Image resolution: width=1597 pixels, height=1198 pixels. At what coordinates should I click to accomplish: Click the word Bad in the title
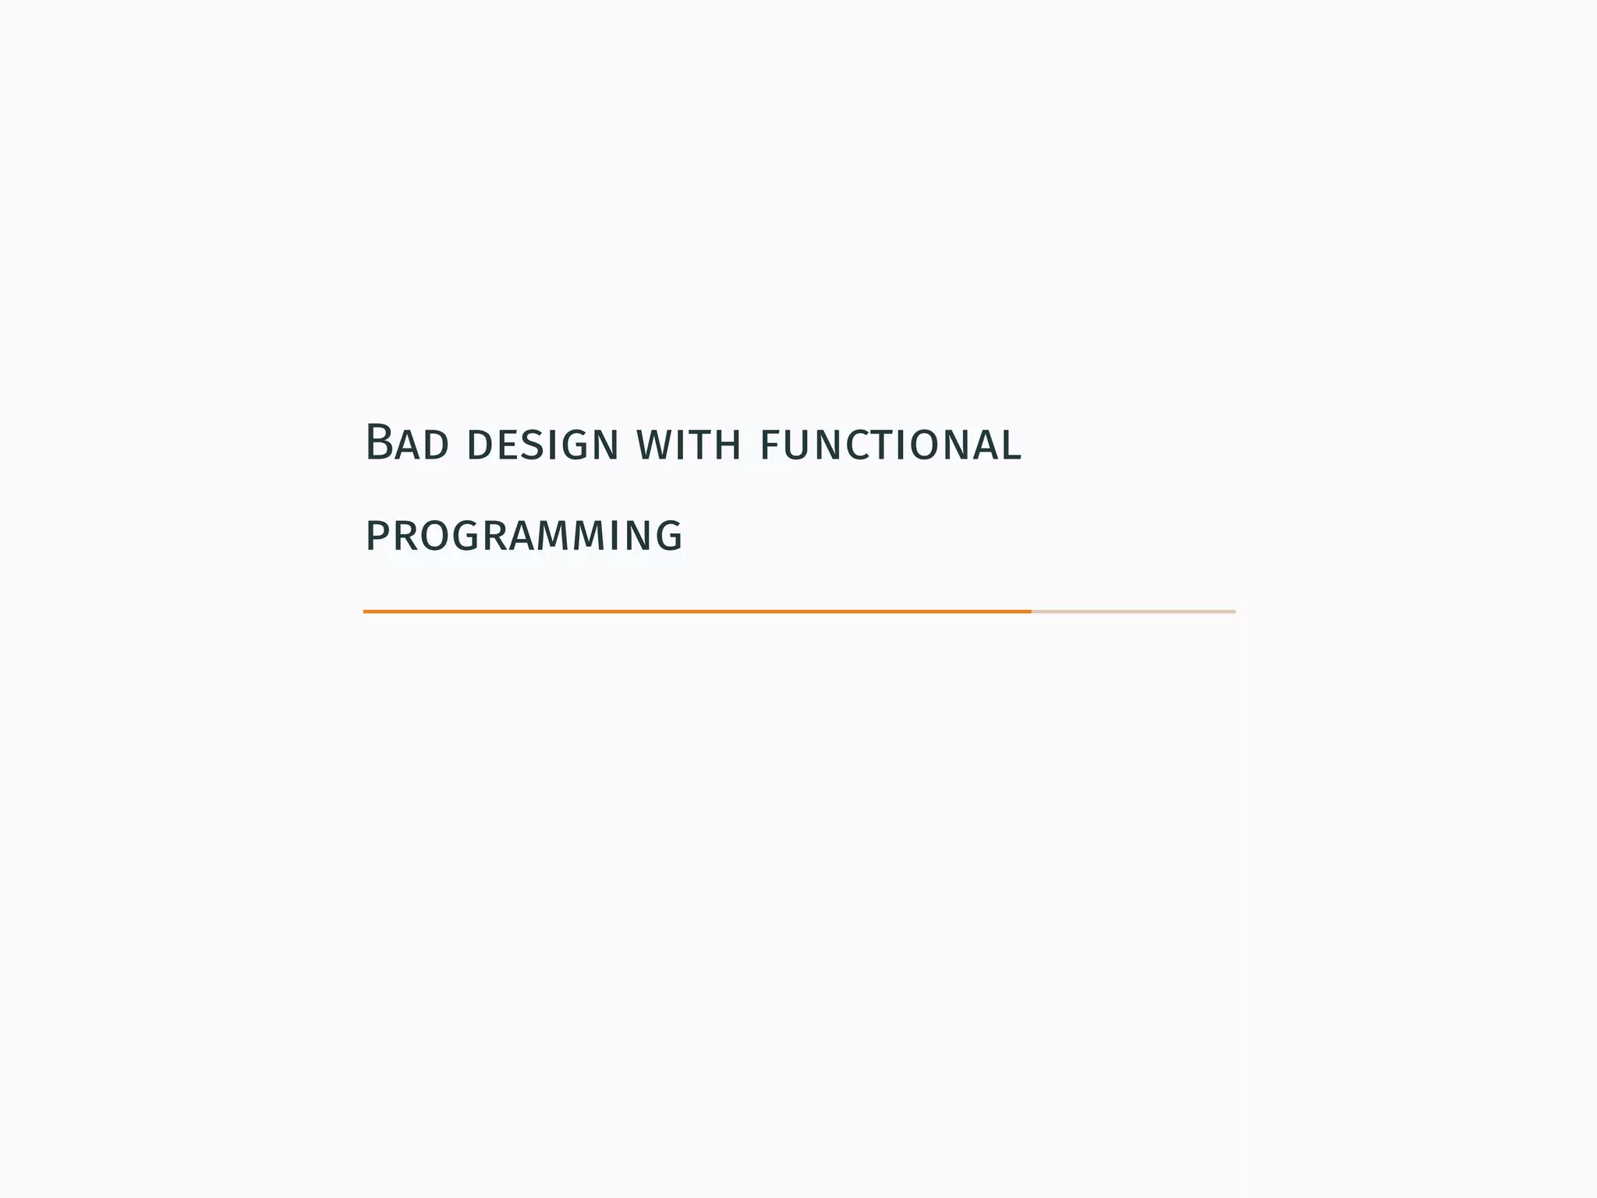[x=406, y=443]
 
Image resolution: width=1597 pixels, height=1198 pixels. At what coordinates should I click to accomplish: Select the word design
[x=542, y=445]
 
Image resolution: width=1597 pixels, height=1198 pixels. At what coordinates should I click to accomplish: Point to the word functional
[x=890, y=445]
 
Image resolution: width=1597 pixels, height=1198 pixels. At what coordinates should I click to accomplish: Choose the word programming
[x=524, y=537]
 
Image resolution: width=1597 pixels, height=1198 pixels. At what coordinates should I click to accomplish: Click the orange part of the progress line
[x=696, y=611]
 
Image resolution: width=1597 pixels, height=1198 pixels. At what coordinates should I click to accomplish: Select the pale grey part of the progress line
[x=1133, y=611]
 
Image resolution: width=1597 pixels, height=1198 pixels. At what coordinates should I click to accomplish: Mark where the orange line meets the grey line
[x=1032, y=611]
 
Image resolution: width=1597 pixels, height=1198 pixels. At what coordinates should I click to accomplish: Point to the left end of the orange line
[x=365, y=611]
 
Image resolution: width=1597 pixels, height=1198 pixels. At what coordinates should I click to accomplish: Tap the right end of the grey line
[x=1234, y=611]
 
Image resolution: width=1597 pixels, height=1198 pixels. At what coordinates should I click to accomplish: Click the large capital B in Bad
[x=378, y=442]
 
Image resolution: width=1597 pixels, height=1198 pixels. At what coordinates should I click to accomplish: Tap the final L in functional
[x=1013, y=445]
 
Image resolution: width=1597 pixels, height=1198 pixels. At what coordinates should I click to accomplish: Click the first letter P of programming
[x=377, y=537]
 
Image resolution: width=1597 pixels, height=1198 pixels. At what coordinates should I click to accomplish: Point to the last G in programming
[x=668, y=537]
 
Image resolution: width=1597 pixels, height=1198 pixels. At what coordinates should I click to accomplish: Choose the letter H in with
[x=728, y=445]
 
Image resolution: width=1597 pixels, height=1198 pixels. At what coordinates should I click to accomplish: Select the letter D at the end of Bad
[x=437, y=445]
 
